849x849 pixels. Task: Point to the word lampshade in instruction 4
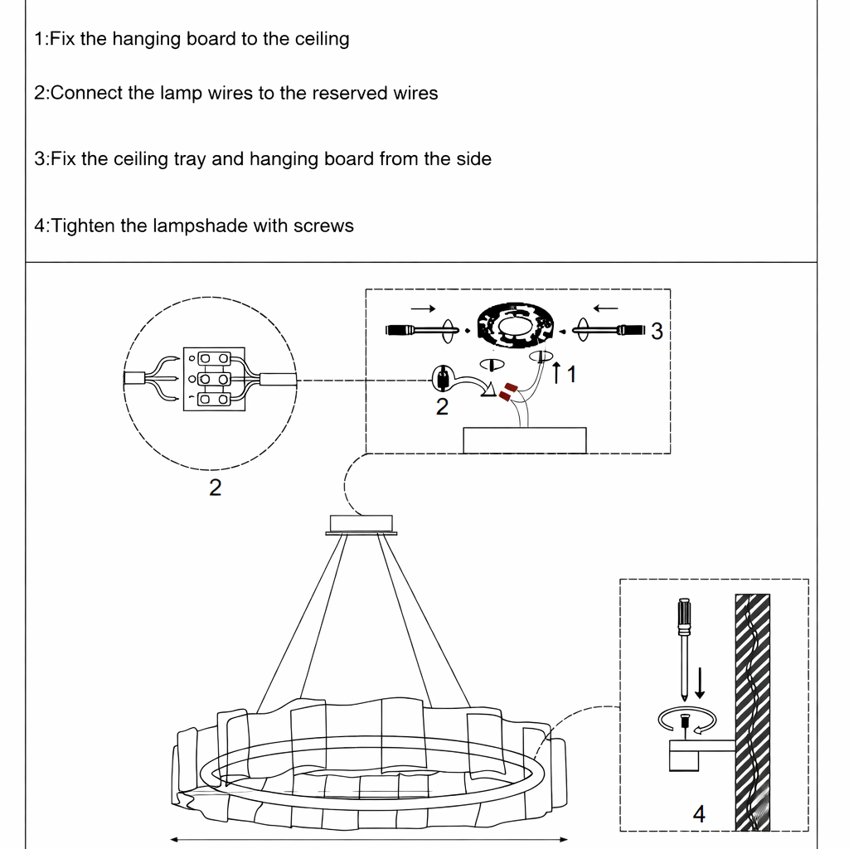click(x=200, y=226)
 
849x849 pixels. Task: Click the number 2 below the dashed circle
click(x=215, y=488)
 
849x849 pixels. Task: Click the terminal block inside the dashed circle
click(x=214, y=379)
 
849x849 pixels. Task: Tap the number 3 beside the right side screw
click(x=657, y=332)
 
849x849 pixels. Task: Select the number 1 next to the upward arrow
click(x=570, y=375)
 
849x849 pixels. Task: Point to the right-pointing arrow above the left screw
click(x=423, y=308)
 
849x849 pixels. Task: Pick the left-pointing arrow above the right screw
click(x=605, y=308)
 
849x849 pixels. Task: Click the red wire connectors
click(x=507, y=391)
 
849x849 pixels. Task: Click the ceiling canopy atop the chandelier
click(x=361, y=523)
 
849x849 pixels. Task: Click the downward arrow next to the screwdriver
click(x=701, y=681)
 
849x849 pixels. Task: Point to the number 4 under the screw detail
click(x=699, y=814)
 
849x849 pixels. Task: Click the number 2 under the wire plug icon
click(x=442, y=407)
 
